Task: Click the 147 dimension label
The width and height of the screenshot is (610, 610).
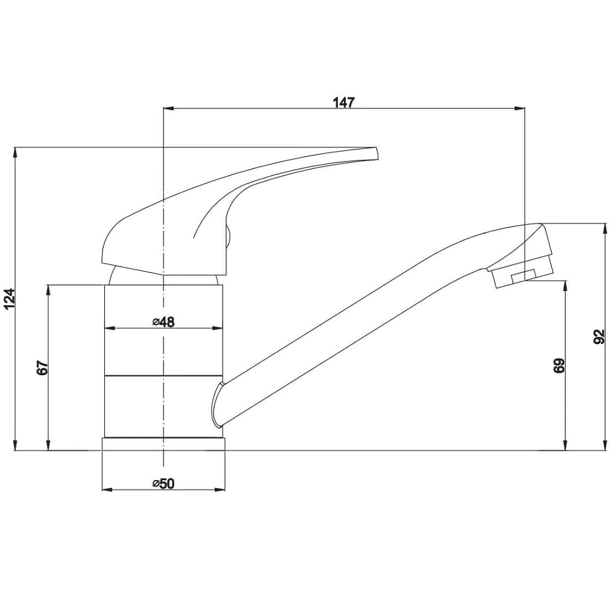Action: pyautogui.click(x=344, y=102)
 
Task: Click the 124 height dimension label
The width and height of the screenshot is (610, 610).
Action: pyautogui.click(x=10, y=298)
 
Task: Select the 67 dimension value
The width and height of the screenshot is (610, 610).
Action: pyautogui.click(x=43, y=368)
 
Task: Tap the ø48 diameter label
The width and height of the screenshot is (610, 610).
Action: pyautogui.click(x=163, y=321)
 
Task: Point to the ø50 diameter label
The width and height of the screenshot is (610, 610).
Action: pyautogui.click(x=163, y=483)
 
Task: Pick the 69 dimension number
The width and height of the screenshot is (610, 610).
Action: pyautogui.click(x=559, y=365)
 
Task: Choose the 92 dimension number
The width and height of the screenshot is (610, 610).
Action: pyautogui.click(x=600, y=337)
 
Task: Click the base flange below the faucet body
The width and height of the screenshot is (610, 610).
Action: pyautogui.click(x=163, y=444)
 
